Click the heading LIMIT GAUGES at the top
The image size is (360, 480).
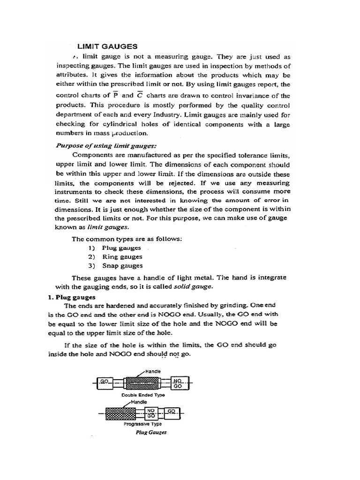(x=107, y=46)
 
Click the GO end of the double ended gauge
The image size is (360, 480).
(x=104, y=382)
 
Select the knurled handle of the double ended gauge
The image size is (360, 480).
(x=144, y=383)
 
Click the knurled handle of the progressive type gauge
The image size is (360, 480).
(x=120, y=413)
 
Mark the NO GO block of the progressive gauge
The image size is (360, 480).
(x=151, y=413)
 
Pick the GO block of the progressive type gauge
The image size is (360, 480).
(x=171, y=412)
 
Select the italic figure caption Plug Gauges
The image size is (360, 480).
(x=151, y=433)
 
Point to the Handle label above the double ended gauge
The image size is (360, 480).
(x=153, y=371)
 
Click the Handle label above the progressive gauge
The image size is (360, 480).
(x=139, y=402)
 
